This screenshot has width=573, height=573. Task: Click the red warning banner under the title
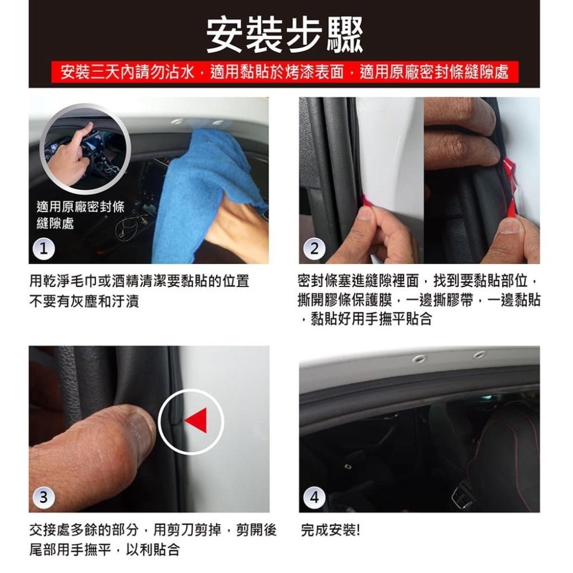(285, 72)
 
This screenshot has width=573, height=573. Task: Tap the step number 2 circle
(315, 248)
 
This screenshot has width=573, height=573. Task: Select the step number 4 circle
(315, 496)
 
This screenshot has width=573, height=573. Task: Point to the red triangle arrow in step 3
(197, 422)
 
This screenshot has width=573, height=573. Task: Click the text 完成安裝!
(331, 530)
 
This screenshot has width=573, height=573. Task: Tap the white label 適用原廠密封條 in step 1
(80, 207)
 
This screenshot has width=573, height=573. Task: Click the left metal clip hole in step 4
(419, 359)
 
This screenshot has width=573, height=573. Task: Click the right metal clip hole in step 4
(479, 355)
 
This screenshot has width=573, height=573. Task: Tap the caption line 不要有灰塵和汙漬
(84, 301)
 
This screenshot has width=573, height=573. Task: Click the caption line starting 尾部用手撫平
(105, 550)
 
